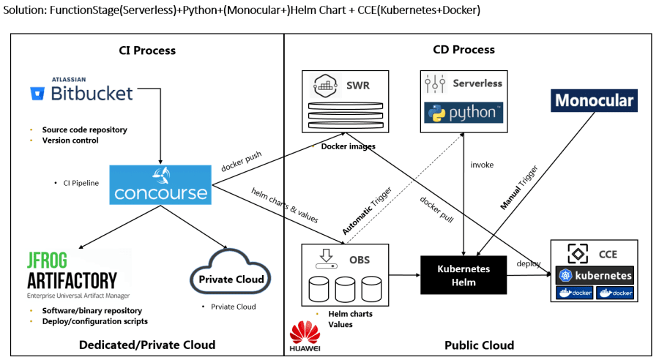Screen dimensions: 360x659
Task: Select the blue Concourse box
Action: point(160,185)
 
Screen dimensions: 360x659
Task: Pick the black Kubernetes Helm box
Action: point(463,274)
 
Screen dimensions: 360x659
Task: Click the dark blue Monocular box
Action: point(594,101)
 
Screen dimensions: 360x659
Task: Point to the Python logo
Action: point(464,113)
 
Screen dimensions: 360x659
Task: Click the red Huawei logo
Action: point(305,337)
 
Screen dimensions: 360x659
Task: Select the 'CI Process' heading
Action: point(147,50)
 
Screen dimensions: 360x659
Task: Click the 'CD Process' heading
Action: point(463,50)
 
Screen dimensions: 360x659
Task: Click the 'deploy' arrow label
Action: point(529,263)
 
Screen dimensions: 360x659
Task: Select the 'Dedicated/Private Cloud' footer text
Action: point(148,345)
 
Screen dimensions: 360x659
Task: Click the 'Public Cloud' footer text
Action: point(479,345)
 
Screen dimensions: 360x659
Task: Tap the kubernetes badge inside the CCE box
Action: point(594,276)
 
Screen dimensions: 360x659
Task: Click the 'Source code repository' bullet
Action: point(84,130)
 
